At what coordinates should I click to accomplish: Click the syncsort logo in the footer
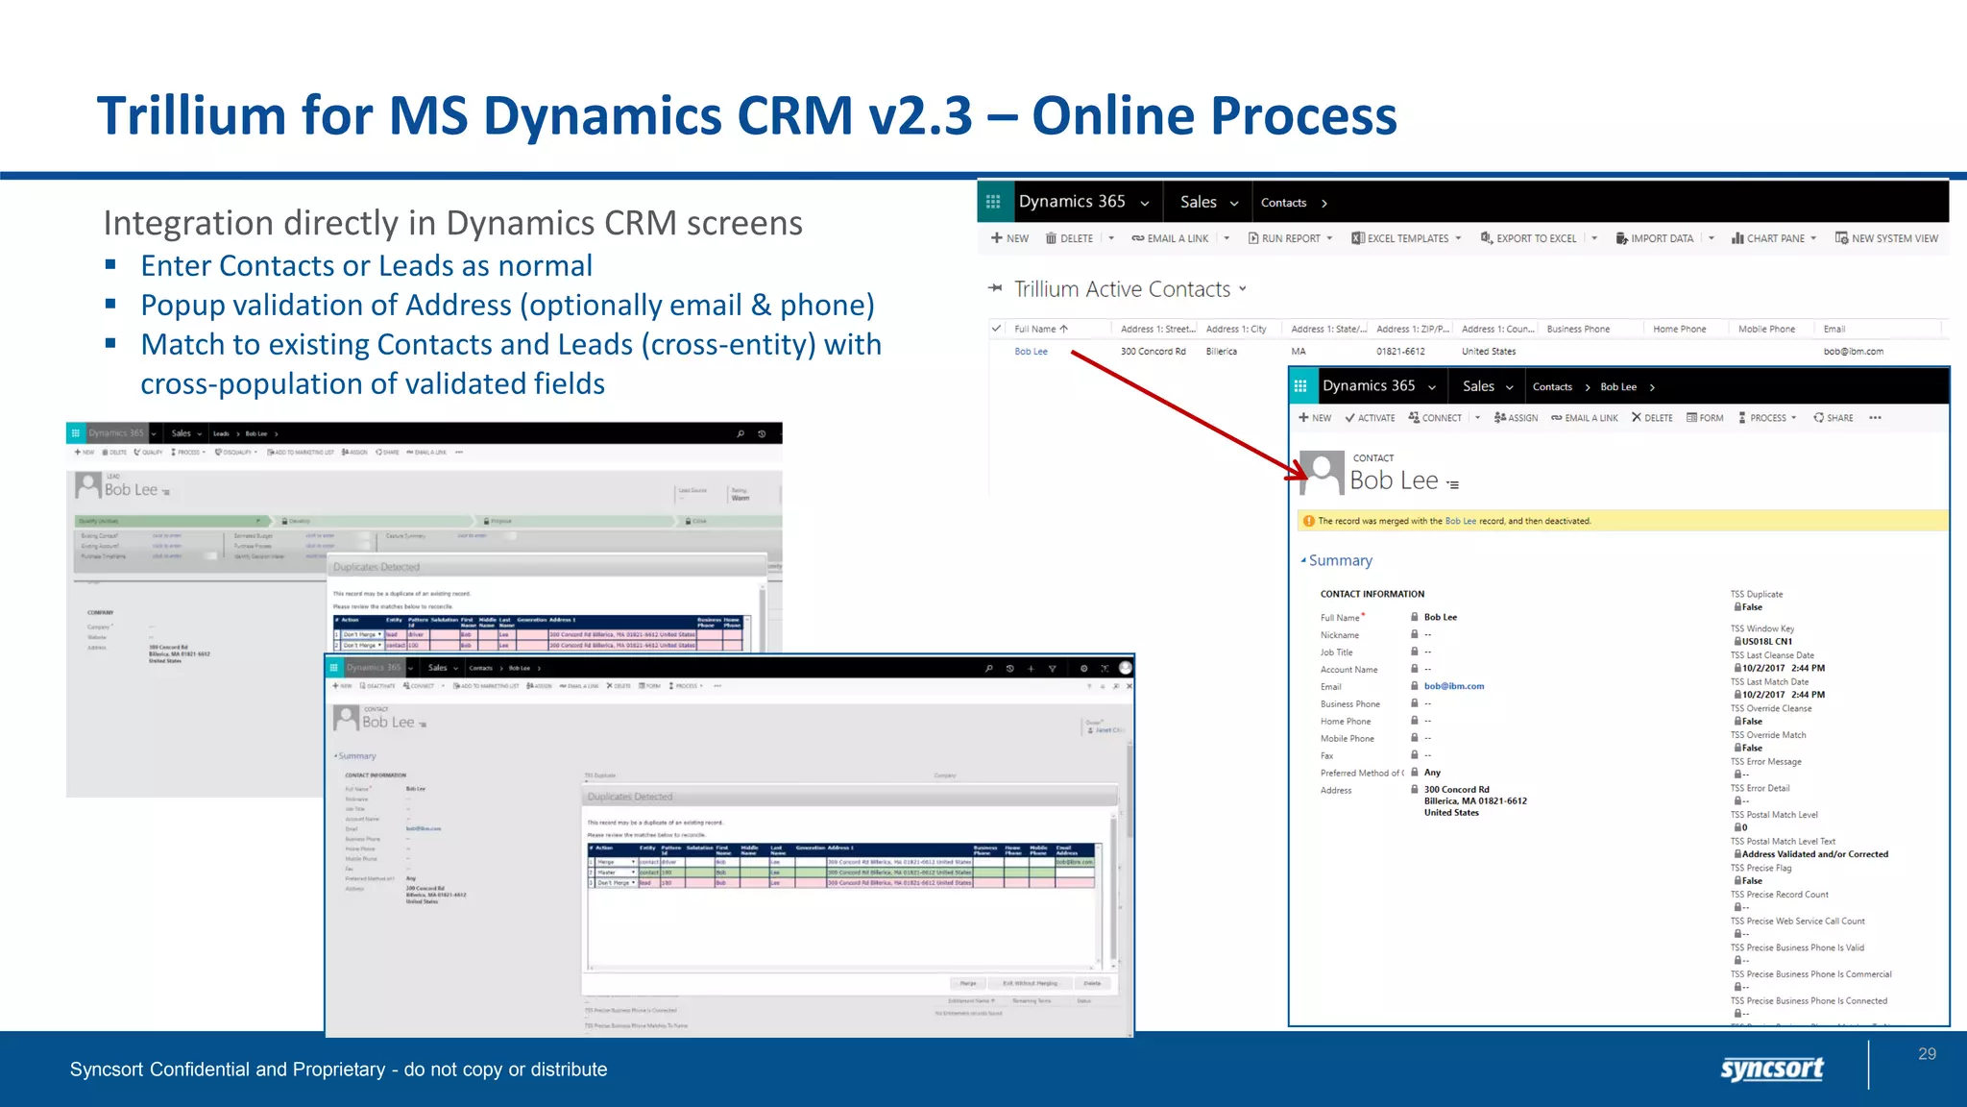pyautogui.click(x=1771, y=1069)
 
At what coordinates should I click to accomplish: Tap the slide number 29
pyautogui.click(x=1927, y=1054)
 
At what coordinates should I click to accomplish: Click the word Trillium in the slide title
pyautogui.click(x=191, y=115)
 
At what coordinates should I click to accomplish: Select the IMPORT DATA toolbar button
pyautogui.click(x=1655, y=238)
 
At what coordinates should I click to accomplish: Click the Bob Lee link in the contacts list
pyautogui.click(x=1031, y=352)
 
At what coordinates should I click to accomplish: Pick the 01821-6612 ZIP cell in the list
pyautogui.click(x=1400, y=352)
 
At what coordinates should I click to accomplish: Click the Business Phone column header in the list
pyautogui.click(x=1578, y=329)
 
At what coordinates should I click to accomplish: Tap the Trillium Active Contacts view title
pyautogui.click(x=1122, y=289)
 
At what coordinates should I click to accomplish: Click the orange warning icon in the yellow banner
pyautogui.click(x=1308, y=521)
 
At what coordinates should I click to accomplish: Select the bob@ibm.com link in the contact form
pyautogui.click(x=1453, y=686)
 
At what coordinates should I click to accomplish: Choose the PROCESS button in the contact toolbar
pyautogui.click(x=1766, y=418)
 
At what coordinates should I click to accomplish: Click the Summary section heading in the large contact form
pyautogui.click(x=1340, y=560)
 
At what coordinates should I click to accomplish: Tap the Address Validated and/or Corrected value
pyautogui.click(x=1814, y=854)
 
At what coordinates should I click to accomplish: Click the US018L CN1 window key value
pyautogui.click(x=1766, y=642)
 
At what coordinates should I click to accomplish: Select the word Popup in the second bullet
pyautogui.click(x=182, y=306)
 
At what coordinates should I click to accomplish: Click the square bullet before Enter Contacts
pyautogui.click(x=111, y=264)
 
